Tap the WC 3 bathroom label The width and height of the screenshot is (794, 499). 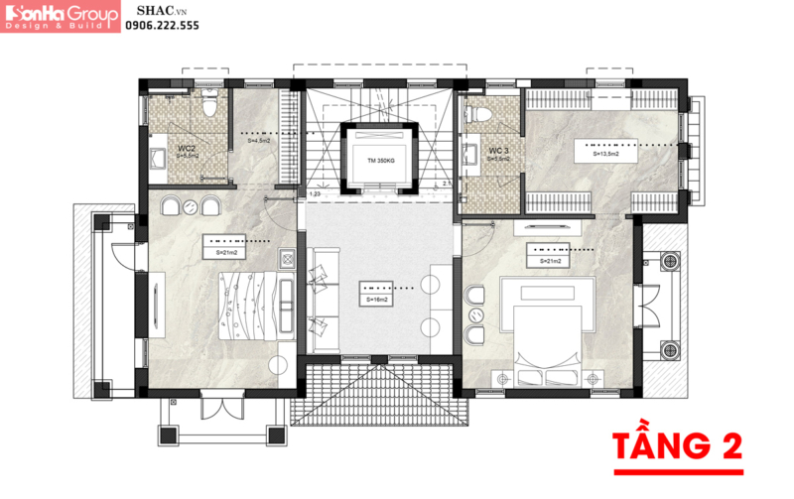click(498, 150)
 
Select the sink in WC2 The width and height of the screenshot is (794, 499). click(157, 157)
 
